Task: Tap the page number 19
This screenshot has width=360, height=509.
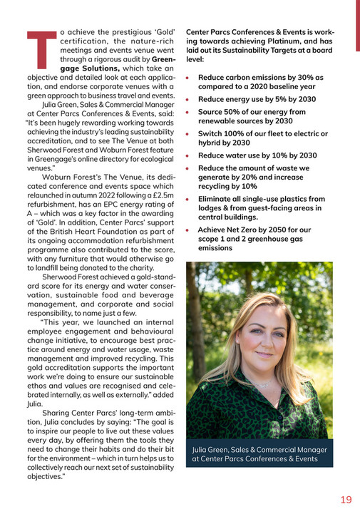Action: (345, 498)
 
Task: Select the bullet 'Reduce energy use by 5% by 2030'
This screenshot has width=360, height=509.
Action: (257, 98)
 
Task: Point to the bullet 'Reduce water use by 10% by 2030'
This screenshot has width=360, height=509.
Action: (257, 155)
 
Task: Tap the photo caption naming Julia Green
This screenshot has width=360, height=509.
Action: (259, 454)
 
